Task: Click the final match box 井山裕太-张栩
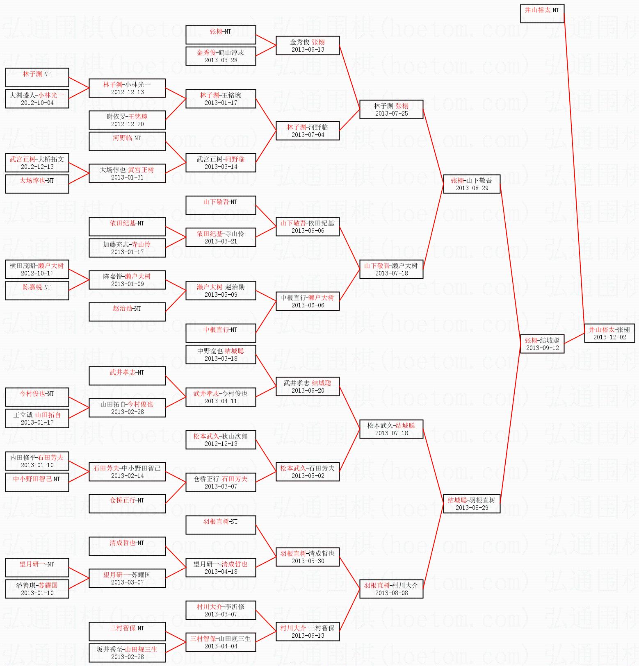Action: [x=609, y=333]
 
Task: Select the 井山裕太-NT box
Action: [x=542, y=14]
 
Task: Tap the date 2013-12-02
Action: [x=609, y=337]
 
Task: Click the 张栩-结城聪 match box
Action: [x=542, y=344]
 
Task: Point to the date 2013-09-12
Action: [x=542, y=348]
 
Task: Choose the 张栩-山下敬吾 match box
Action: [x=472, y=184]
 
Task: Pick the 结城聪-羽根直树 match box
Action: [x=472, y=504]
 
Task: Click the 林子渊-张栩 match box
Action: [x=391, y=109]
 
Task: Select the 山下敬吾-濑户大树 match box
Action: [x=391, y=269]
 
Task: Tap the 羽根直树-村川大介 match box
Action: [x=391, y=589]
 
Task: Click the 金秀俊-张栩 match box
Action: [x=308, y=45]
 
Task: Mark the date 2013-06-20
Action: [x=308, y=391]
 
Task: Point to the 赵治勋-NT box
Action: [x=127, y=312]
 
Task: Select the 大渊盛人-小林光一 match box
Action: [x=37, y=99]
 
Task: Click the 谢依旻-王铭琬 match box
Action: [x=127, y=120]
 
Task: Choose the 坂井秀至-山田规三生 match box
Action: [x=127, y=653]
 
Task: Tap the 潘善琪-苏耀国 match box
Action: [x=37, y=589]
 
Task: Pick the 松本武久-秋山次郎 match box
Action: [x=221, y=440]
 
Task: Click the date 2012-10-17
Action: [x=37, y=273]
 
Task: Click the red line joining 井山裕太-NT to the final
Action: [x=574, y=172]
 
